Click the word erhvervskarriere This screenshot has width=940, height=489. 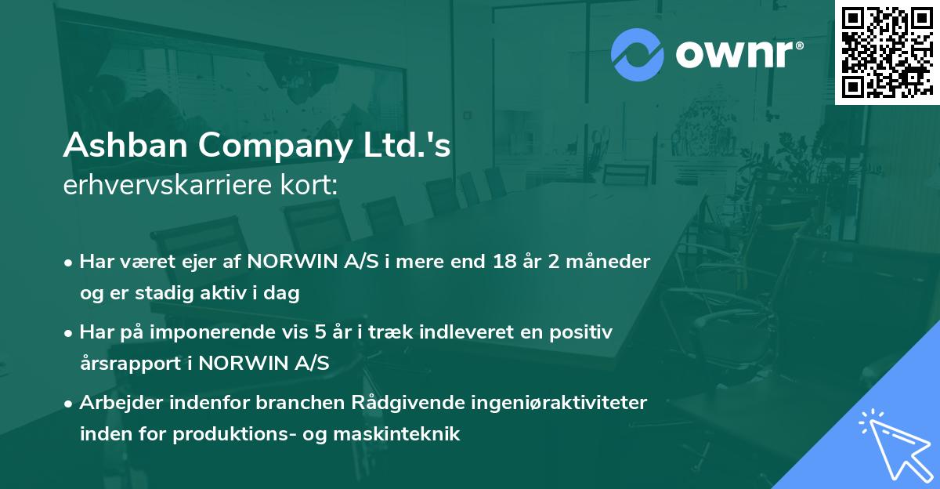(163, 185)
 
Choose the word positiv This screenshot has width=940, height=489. (580, 332)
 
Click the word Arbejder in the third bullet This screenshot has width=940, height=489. (117, 403)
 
